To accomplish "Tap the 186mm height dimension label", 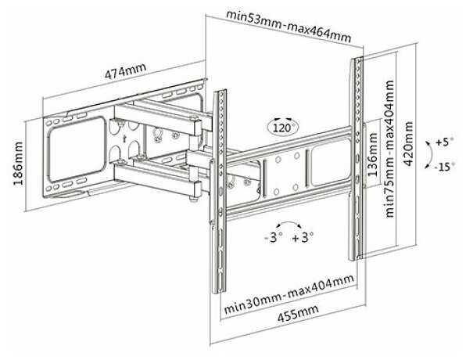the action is click(18, 164).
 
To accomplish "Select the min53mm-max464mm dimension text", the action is click(289, 26).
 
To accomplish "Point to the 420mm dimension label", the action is click(408, 144).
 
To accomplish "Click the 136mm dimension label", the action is click(372, 154).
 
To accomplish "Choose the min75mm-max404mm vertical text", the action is click(389, 149).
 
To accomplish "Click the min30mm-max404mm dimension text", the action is click(289, 293).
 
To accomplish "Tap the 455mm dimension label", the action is click(298, 313).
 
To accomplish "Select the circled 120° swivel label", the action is click(283, 128).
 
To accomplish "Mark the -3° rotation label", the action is click(274, 237).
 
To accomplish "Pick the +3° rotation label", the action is click(303, 237).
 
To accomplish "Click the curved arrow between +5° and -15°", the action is click(430, 155).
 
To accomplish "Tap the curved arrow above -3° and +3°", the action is click(289, 222).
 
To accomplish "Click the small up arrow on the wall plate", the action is click(125, 138).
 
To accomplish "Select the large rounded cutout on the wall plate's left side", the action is click(77, 149).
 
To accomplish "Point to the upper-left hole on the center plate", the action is click(278, 160).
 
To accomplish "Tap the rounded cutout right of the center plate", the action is click(330, 163).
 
